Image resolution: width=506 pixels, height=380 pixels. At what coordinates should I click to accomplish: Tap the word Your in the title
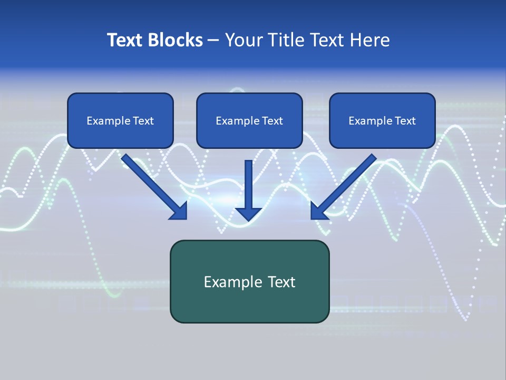[244, 40]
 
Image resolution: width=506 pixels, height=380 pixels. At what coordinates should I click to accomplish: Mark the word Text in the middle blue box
[273, 121]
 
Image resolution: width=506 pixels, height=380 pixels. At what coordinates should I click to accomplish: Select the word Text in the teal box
[280, 282]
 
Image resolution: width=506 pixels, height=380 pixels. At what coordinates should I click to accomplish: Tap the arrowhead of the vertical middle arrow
[248, 214]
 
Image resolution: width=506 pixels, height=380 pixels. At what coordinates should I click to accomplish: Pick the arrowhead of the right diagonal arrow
[318, 211]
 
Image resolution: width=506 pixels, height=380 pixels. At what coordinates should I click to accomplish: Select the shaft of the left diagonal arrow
[148, 179]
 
